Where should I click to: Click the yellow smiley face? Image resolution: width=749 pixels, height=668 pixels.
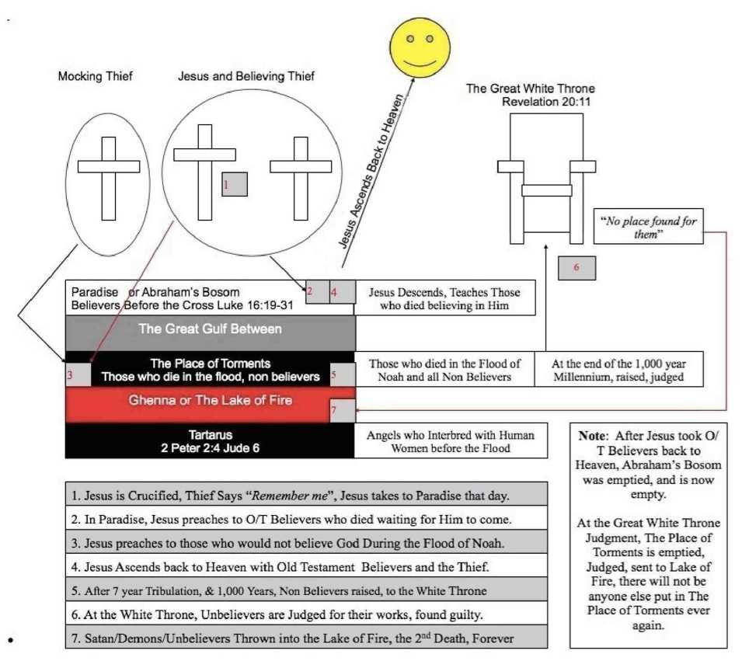(425, 47)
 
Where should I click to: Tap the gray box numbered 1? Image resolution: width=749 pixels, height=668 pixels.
(235, 184)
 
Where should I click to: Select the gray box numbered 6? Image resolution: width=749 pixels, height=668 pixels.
(577, 267)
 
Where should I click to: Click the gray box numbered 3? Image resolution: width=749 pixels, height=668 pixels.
(78, 374)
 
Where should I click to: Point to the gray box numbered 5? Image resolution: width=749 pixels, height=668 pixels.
(343, 374)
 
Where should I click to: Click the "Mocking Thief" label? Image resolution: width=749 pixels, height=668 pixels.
(95, 77)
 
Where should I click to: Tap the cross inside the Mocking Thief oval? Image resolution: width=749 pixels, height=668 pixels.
(108, 178)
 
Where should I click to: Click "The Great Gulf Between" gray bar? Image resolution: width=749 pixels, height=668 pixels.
(210, 329)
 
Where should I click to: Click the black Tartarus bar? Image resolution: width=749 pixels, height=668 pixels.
(210, 441)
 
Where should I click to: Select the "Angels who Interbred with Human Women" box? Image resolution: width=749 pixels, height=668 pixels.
(444, 441)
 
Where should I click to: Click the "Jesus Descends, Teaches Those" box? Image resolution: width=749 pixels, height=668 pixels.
(444, 297)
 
